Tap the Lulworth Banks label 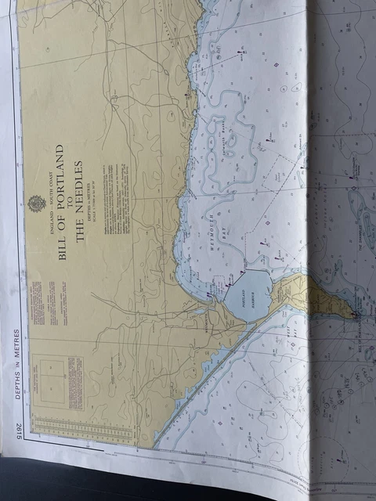(244, 140)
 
